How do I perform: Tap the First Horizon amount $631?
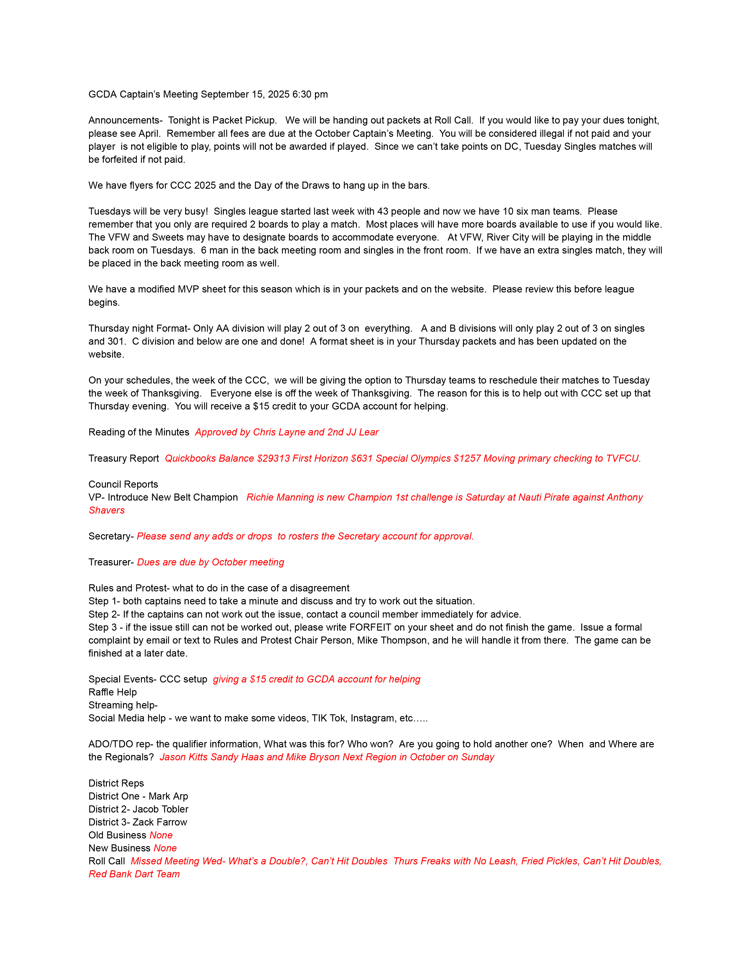click(x=362, y=458)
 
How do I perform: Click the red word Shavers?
click(x=107, y=511)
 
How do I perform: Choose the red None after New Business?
click(x=165, y=848)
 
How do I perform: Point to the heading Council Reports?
click(x=123, y=484)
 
